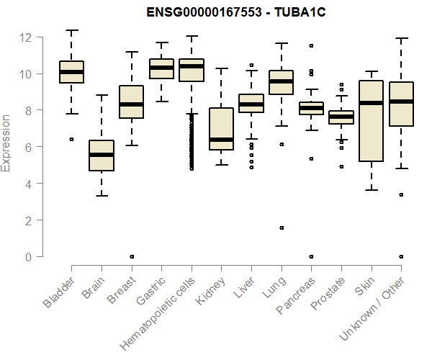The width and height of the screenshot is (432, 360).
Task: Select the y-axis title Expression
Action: [6, 143]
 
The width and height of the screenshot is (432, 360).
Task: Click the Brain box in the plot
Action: [101, 156]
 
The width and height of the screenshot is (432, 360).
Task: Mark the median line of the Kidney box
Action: [221, 140]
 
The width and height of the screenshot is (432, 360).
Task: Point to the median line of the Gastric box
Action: [161, 68]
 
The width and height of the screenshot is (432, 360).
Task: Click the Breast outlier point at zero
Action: [131, 256]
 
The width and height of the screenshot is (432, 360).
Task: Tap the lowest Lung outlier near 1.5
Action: [281, 228]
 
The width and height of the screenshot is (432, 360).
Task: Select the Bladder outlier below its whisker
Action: [71, 139]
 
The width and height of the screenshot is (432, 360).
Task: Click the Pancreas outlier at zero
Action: [310, 256]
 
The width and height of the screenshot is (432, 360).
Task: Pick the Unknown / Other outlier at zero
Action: [401, 256]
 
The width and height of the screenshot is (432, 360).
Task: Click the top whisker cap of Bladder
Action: [71, 30]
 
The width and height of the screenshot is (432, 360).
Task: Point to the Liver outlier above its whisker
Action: [251, 66]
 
